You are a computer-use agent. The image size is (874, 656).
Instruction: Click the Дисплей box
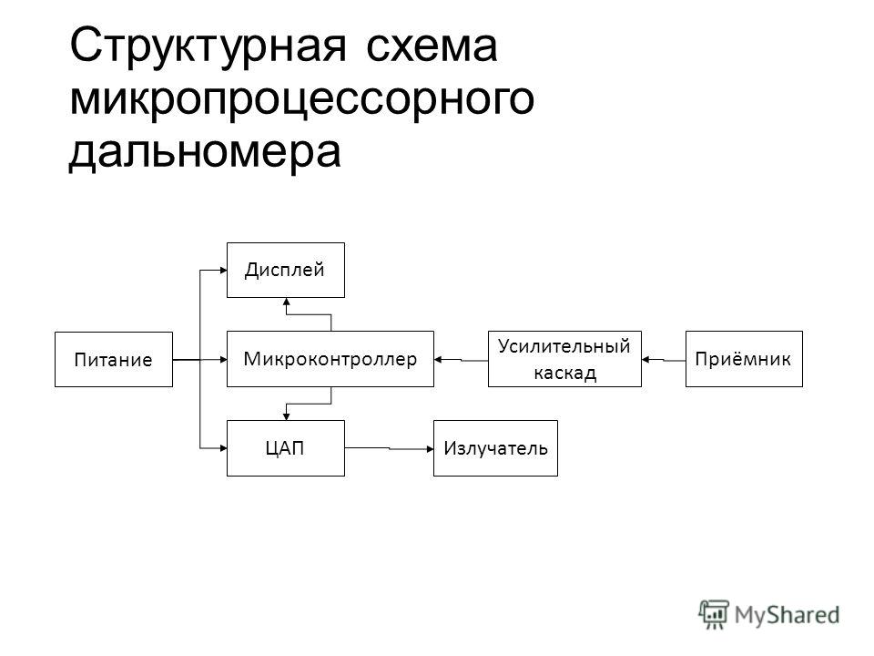285,270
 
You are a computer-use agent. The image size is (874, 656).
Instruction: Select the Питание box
114,359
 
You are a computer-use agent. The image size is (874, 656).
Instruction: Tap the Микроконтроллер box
330,359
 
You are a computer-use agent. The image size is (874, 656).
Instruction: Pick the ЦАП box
285,448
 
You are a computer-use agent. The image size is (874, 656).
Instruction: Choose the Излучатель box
495,448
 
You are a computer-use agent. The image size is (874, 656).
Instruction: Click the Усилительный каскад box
564,359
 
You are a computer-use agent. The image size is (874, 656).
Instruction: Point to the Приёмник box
744,359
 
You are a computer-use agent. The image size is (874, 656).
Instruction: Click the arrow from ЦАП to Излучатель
389,448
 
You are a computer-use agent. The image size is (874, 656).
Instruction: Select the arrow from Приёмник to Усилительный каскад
664,360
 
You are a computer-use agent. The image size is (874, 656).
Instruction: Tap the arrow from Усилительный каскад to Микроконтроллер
461,360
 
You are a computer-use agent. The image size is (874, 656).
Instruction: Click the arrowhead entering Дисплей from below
287,302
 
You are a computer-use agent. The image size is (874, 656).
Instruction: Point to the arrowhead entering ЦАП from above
287,416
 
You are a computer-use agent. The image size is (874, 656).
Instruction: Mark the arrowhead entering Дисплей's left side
223,271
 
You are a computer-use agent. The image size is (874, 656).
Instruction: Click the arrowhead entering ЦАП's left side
223,448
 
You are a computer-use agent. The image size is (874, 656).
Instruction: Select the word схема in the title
432,46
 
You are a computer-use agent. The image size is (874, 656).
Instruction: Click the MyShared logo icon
714,615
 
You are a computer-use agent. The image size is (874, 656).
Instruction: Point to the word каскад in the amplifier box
565,373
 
